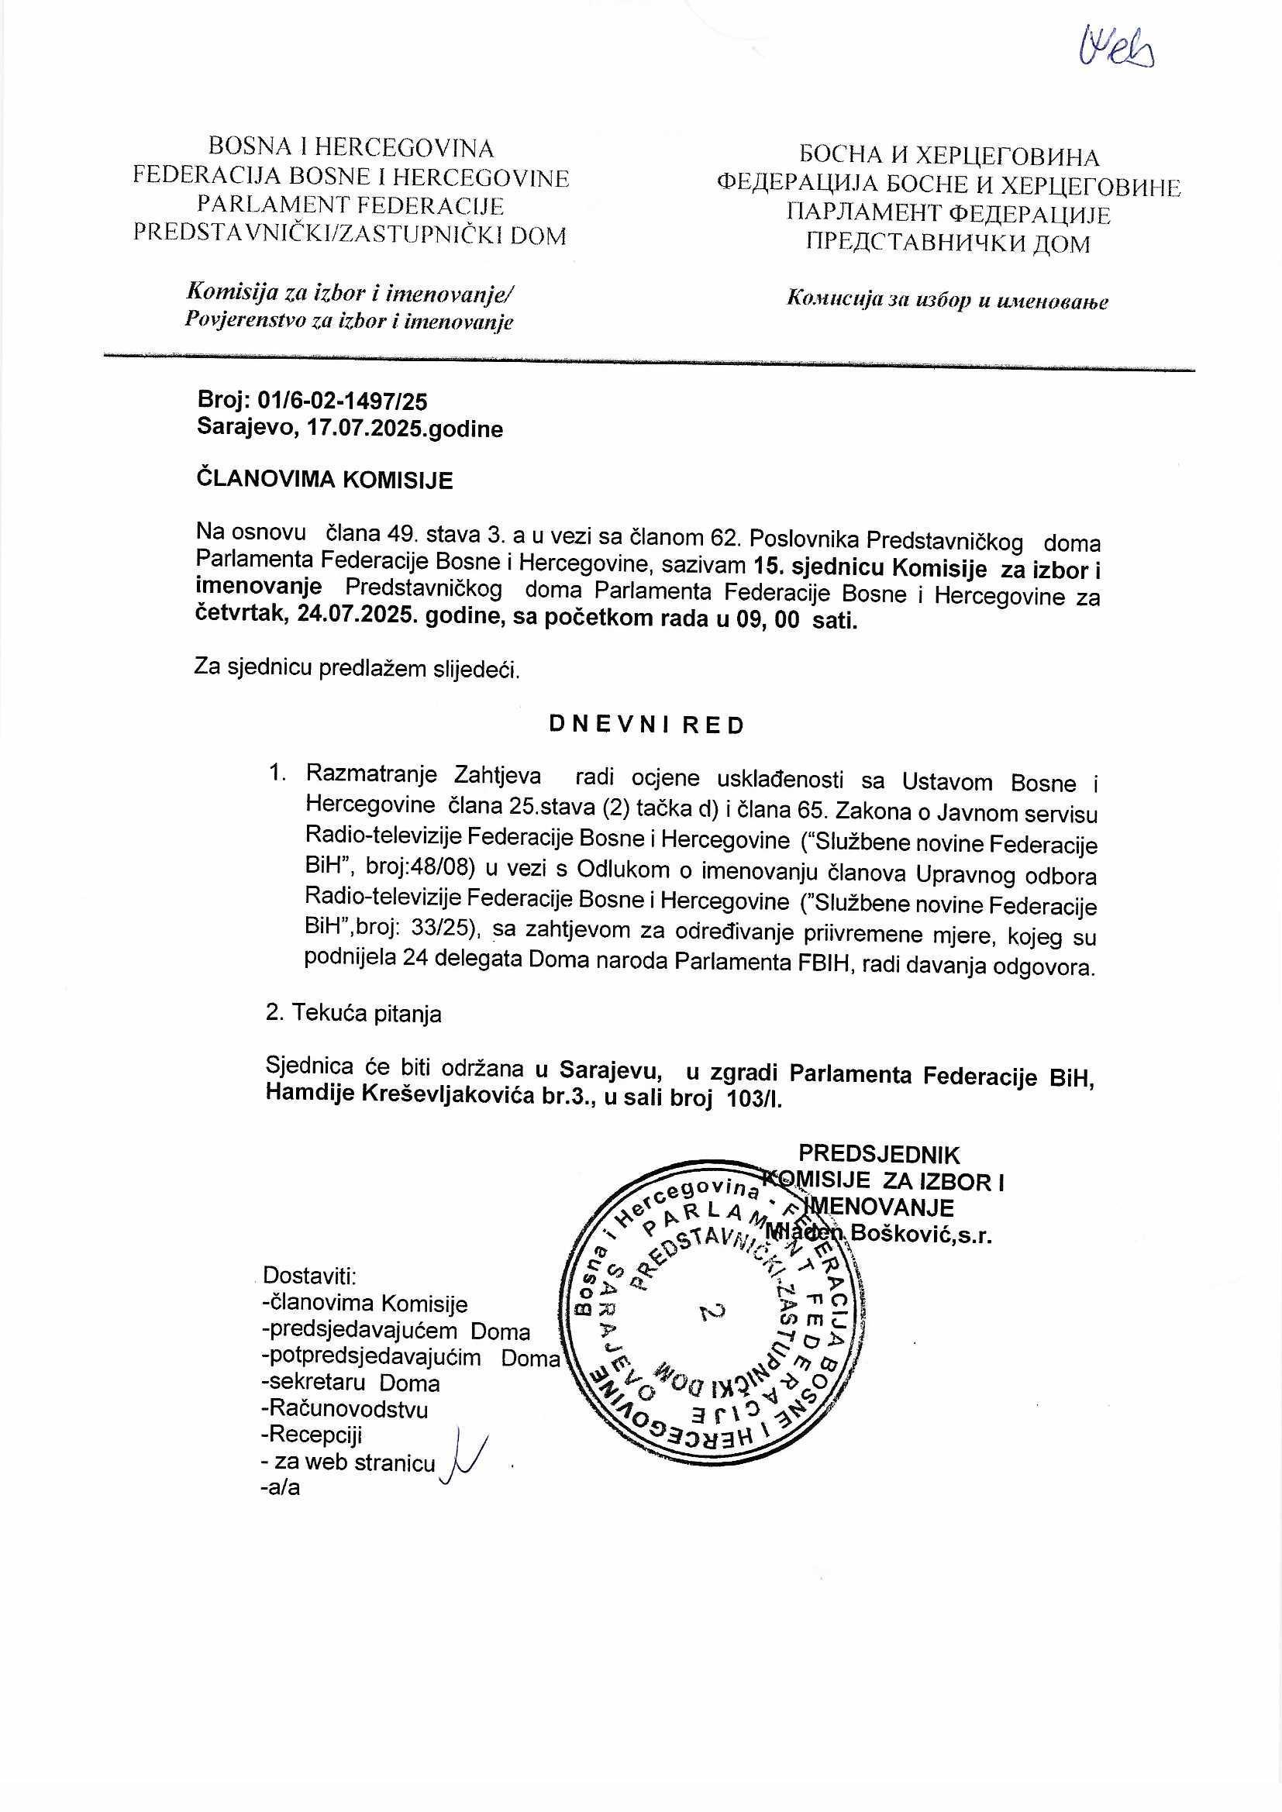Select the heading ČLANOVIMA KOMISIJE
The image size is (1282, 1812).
click(325, 480)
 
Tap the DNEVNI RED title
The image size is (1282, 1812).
click(646, 726)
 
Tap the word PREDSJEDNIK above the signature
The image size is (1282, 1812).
click(880, 1155)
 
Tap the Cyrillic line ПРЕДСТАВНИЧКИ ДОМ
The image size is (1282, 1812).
click(947, 243)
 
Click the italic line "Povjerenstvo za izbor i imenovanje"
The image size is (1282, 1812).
click(349, 321)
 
